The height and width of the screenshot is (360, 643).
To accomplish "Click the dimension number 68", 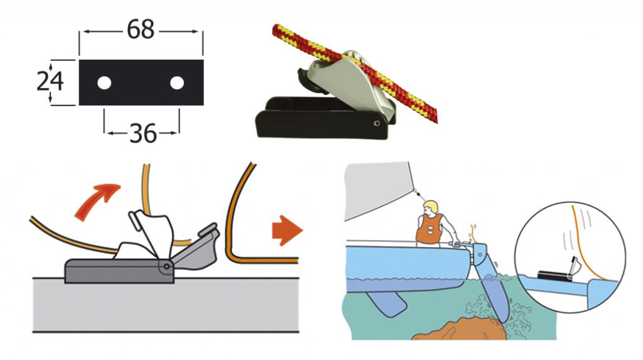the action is tap(140, 30).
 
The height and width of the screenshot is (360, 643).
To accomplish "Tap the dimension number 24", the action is tap(50, 81).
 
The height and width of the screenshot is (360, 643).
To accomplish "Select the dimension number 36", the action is tap(143, 133).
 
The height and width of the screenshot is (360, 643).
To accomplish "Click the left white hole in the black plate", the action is tap(104, 83).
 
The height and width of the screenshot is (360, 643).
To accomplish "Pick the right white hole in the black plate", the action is tap(176, 83).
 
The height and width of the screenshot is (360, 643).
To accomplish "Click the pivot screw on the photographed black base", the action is tap(377, 123).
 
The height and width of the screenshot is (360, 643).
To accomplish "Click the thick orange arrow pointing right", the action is tap(287, 231).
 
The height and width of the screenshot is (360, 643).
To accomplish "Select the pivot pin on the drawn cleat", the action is tap(166, 266).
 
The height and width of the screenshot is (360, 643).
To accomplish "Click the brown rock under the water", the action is tap(459, 329).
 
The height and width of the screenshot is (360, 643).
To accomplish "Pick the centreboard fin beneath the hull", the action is tap(386, 303).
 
